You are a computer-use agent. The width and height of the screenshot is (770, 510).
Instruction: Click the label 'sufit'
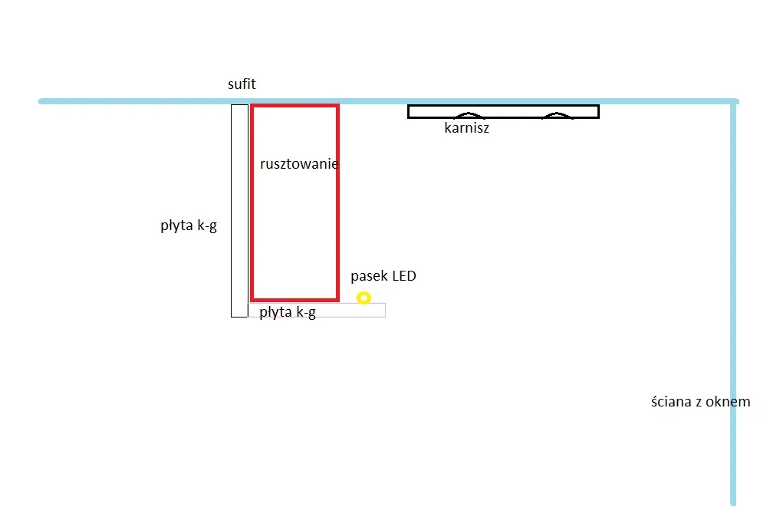(242, 85)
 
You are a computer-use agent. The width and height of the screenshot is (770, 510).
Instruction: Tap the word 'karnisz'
(466, 129)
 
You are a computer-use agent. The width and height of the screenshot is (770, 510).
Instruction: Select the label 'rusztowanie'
(299, 164)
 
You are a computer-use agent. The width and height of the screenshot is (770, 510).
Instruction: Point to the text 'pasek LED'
(383, 276)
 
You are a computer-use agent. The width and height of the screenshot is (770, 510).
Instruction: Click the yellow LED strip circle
(364, 298)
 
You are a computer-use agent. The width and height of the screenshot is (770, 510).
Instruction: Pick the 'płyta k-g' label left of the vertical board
(189, 226)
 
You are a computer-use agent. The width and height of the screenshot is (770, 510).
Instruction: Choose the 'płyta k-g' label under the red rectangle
(288, 312)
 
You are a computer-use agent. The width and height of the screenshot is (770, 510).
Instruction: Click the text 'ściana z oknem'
(700, 402)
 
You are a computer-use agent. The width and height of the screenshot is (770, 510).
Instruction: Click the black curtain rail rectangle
(502, 111)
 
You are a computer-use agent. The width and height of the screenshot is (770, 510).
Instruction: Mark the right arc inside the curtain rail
(557, 116)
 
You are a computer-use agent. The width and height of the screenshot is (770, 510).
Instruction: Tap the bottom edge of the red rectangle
(295, 298)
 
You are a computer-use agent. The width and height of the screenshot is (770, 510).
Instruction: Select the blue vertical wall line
(733, 307)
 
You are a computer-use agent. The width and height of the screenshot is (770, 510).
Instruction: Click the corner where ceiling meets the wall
(734, 101)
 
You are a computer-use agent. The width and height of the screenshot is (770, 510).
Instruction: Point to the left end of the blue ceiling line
(42, 101)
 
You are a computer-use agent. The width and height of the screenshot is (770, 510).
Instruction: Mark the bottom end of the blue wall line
(733, 502)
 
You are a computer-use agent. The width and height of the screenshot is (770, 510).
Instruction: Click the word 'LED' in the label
(404, 276)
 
